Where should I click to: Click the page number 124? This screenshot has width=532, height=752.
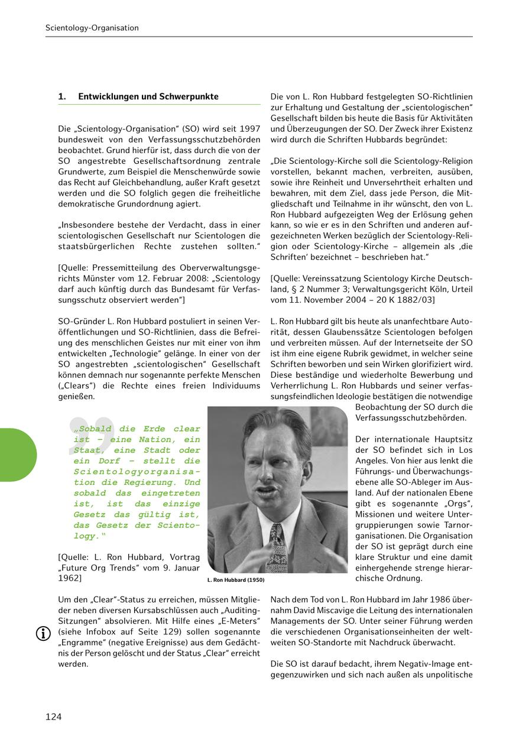(x=53, y=717)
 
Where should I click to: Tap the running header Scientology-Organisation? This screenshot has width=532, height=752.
(x=92, y=28)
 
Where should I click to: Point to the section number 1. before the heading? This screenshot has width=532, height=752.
(x=61, y=96)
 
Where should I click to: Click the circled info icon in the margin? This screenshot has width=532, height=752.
(x=43, y=634)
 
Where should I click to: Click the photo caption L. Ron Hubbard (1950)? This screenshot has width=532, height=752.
(x=236, y=581)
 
